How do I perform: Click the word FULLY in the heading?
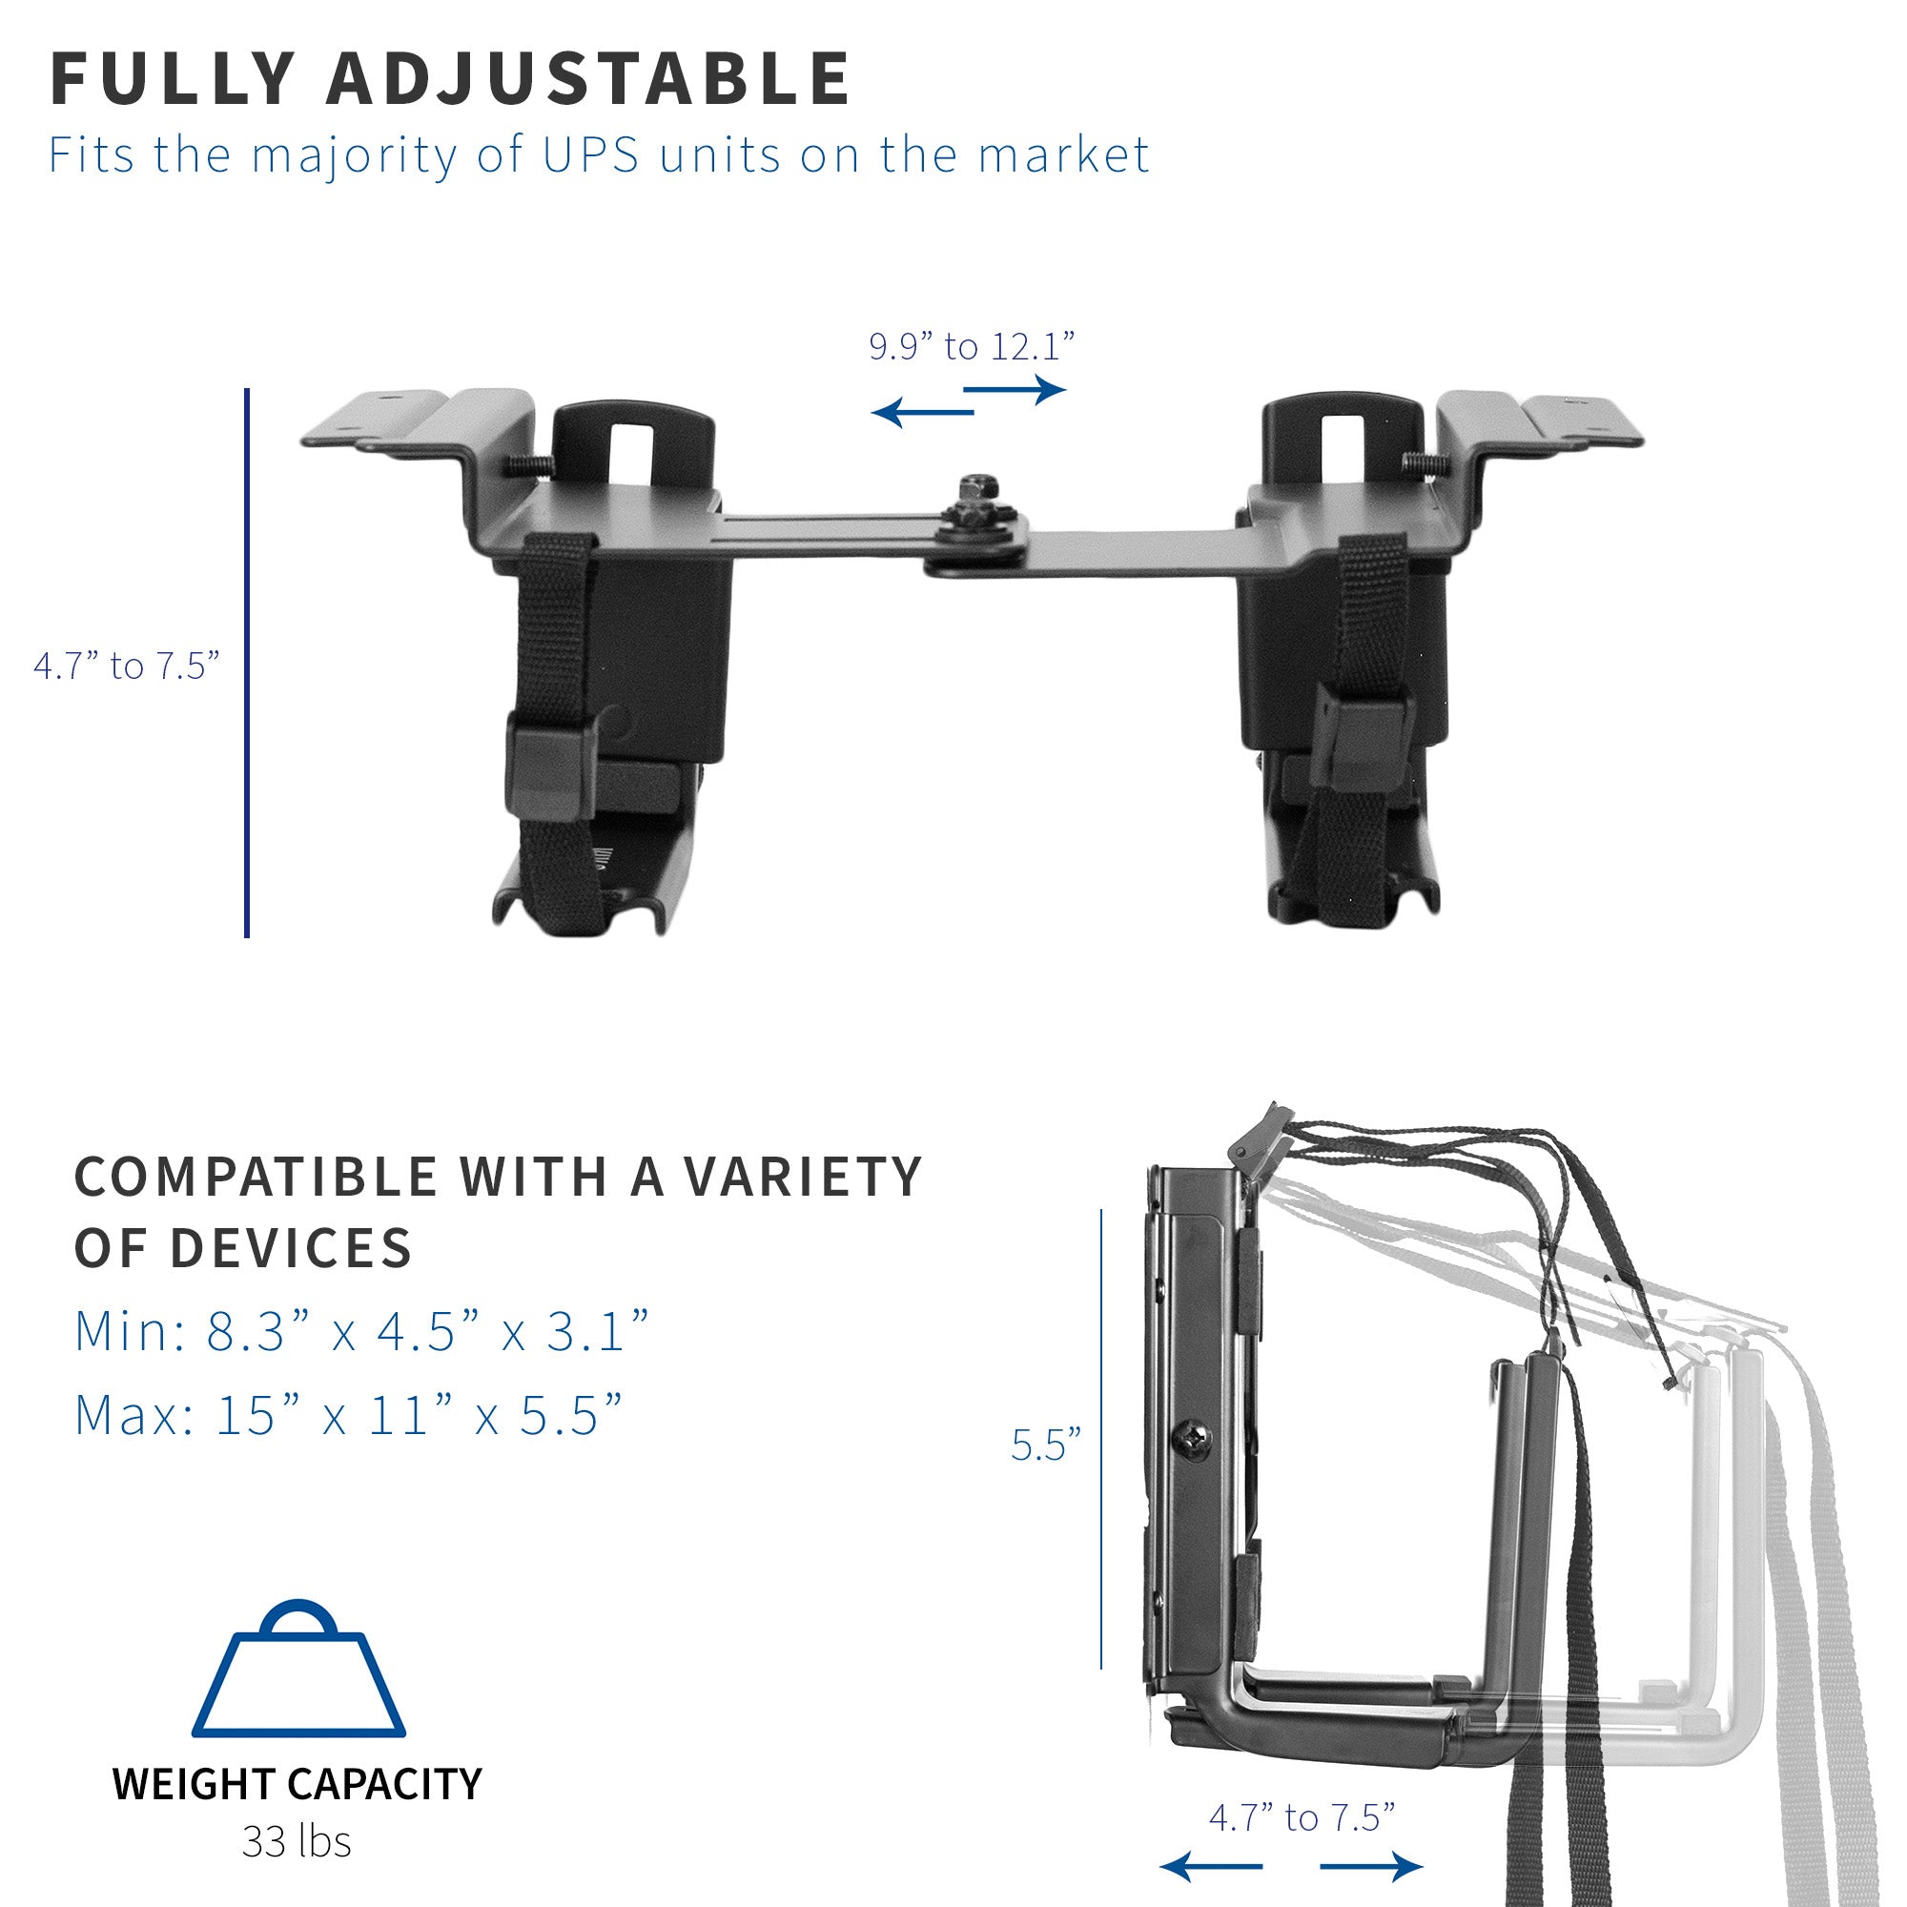click(x=172, y=78)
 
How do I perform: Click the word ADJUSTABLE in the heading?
click(x=588, y=78)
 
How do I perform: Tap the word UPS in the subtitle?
click(x=590, y=155)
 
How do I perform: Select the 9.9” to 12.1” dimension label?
click(x=972, y=346)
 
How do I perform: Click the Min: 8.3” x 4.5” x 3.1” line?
click(x=361, y=1331)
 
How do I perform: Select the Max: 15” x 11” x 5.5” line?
click(x=348, y=1415)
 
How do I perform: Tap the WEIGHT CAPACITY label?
click(x=297, y=1784)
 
